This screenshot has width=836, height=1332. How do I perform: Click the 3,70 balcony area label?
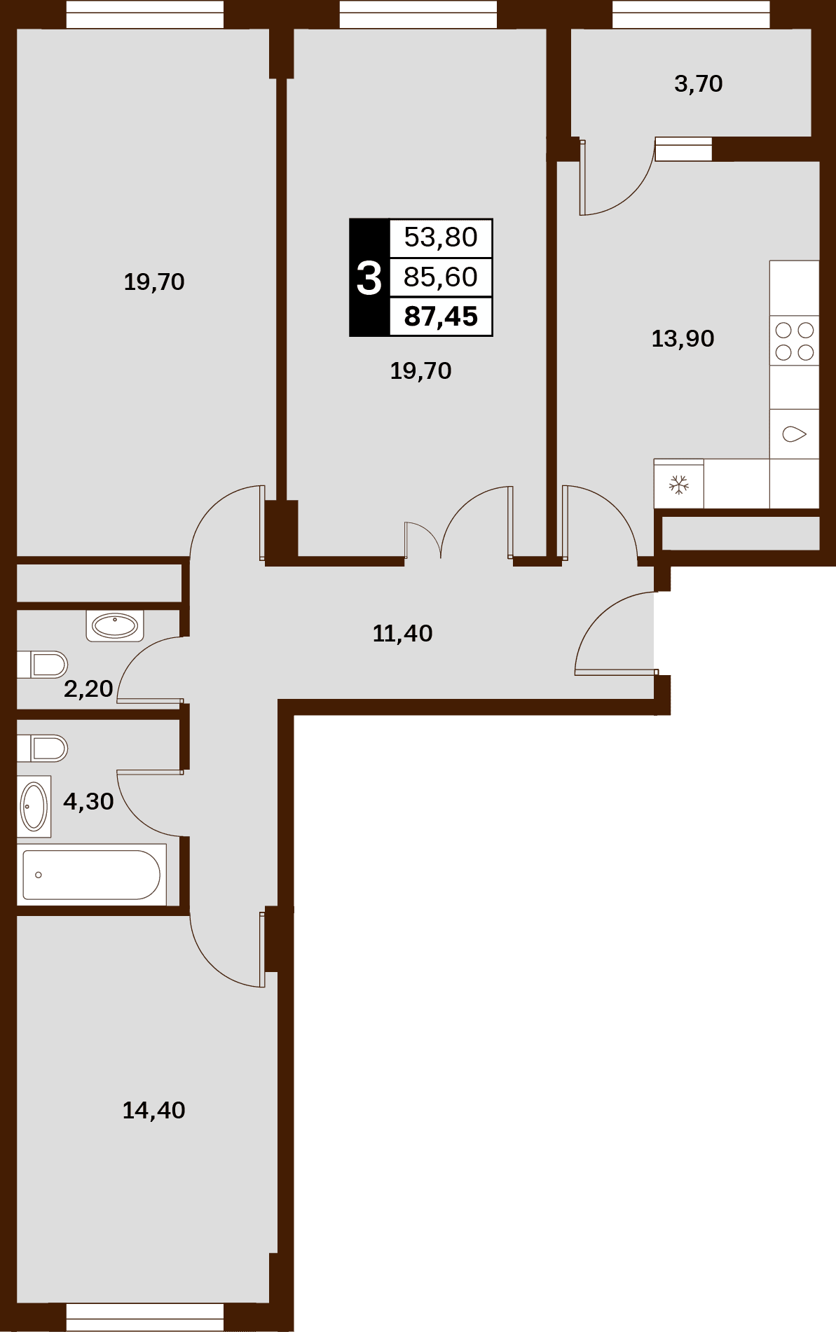[699, 84]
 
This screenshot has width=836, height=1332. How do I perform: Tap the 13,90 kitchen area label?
[683, 339]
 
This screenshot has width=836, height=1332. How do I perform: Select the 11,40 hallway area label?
[403, 634]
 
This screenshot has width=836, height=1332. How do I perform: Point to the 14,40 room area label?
[154, 1111]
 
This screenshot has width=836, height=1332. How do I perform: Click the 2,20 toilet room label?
[88, 689]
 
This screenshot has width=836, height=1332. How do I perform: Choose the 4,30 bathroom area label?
[88, 801]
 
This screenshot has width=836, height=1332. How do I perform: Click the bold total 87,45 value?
[441, 317]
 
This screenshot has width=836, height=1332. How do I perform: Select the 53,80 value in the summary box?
[441, 237]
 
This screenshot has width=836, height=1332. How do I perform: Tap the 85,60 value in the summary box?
[441, 277]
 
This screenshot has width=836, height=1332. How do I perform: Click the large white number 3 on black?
[369, 278]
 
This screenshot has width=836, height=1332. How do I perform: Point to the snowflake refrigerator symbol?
[678, 485]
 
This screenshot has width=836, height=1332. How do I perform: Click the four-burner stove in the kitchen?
[795, 341]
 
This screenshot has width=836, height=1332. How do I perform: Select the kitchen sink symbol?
[795, 434]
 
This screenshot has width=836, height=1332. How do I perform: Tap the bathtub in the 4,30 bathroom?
[92, 875]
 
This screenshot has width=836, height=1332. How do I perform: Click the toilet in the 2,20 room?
[43, 665]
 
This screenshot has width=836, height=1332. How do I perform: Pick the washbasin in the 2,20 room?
[115, 625]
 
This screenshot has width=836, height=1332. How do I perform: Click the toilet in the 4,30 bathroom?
[43, 748]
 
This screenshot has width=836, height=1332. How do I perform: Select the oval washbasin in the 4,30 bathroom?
[34, 807]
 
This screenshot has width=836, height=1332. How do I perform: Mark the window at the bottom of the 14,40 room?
[145, 1317]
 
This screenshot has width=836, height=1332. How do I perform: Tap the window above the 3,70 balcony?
[691, 14]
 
